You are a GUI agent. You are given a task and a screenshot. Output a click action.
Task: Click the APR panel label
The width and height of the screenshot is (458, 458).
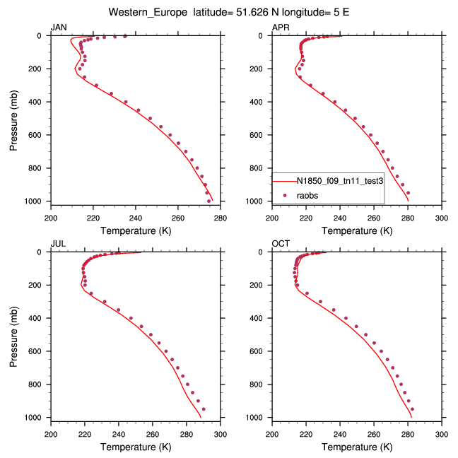pyautogui.click(x=280, y=27)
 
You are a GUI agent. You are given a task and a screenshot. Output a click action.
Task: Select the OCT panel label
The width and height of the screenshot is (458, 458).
pyautogui.click(x=280, y=243)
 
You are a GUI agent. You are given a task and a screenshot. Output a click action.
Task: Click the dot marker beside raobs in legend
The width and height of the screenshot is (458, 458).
pyautogui.click(x=285, y=194)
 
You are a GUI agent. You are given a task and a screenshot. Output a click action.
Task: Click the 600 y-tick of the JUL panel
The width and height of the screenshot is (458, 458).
pyautogui.click(x=40, y=351)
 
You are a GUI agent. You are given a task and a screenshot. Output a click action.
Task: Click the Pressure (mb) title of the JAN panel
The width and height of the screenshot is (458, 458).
pyautogui.click(x=15, y=118)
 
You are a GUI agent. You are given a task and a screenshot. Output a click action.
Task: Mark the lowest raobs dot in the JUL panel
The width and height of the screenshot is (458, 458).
pyautogui.click(x=204, y=409)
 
